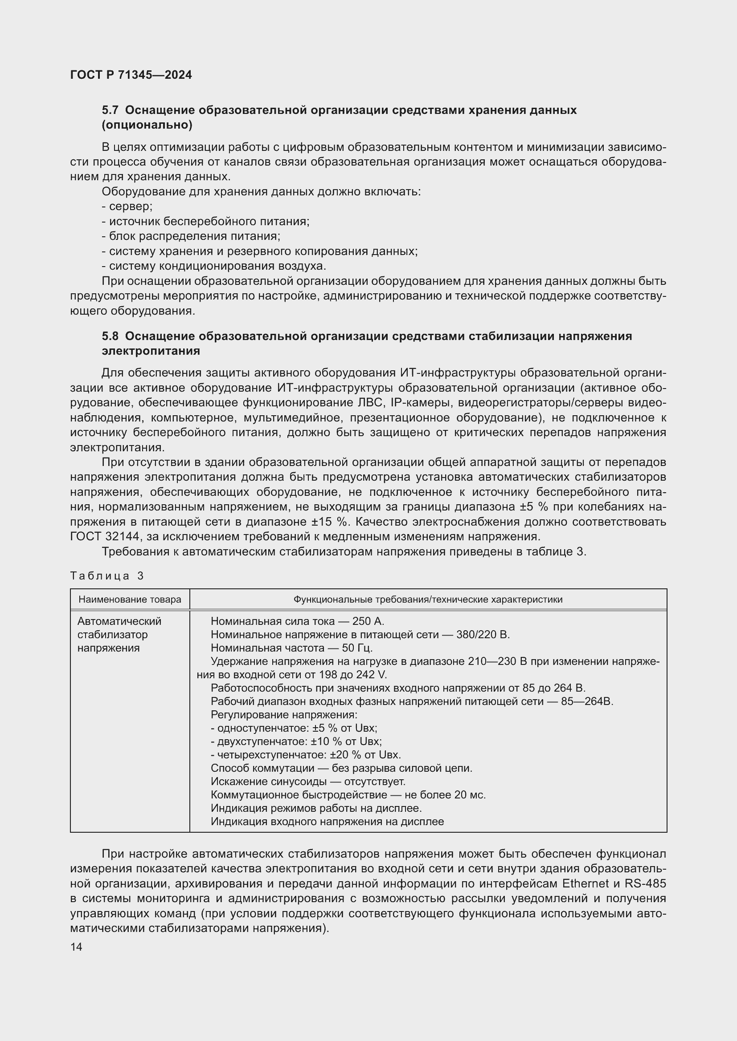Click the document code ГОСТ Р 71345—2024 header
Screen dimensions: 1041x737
[131, 75]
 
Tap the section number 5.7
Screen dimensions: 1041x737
[110, 110]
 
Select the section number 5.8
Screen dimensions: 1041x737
[110, 336]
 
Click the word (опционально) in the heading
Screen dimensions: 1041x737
[147, 125]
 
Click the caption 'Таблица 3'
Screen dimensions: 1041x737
[107, 576]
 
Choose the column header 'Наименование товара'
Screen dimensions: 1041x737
[130, 599]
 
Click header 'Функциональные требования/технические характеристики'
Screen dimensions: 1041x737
[427, 599]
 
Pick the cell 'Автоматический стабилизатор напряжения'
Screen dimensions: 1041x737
[119, 634]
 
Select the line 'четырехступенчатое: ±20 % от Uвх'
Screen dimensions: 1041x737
[306, 755]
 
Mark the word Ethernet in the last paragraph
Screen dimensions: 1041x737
[586, 884]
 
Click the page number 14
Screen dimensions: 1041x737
[76, 947]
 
